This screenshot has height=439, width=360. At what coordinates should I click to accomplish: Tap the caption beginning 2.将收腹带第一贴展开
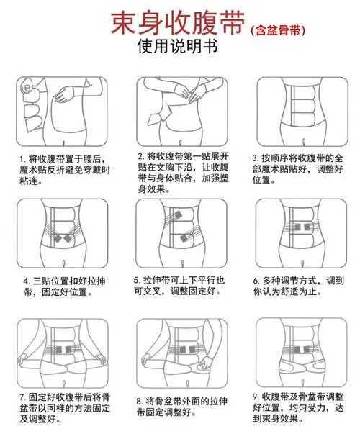click(180, 172)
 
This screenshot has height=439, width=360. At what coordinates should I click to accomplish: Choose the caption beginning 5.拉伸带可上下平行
click(180, 286)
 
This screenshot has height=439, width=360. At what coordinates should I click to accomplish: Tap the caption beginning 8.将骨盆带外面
click(180, 407)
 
